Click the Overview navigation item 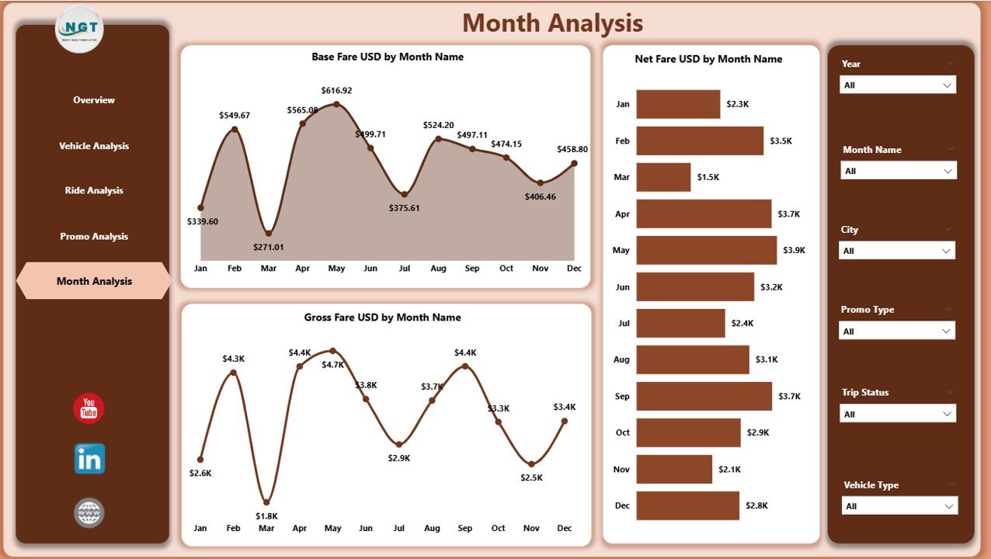coord(93,100)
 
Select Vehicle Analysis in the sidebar coord(93,146)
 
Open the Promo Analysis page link coord(93,236)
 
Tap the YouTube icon coord(89,408)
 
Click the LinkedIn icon coord(89,459)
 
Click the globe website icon coord(89,513)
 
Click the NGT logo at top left coord(79,30)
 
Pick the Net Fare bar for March coord(663,177)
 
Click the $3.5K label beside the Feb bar coord(781,141)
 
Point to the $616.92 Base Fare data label coord(336,90)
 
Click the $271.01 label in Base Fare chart coord(269,247)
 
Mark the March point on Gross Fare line coord(267,502)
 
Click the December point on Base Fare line coord(574,163)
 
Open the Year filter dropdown coord(898,85)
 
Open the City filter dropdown coord(897,251)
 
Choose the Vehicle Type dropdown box coord(899,506)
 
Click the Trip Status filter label coord(864,392)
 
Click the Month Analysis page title coord(552,23)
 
